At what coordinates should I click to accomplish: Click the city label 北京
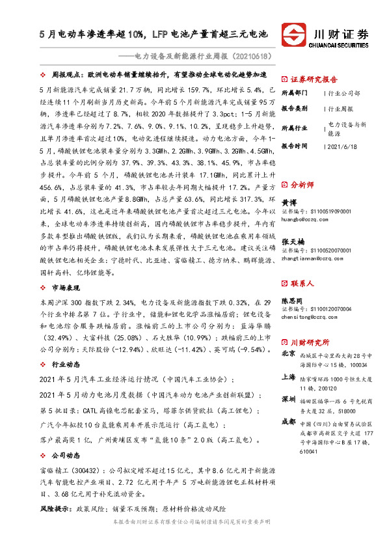[x=288, y=354]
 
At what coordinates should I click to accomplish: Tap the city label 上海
[x=288, y=377]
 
